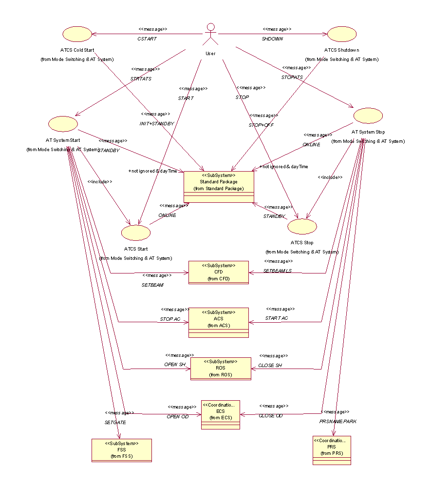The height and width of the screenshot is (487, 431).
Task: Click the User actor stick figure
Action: point(210,34)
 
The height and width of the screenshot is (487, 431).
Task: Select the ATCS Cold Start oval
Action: point(77,34)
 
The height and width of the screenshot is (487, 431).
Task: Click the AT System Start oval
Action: point(63,124)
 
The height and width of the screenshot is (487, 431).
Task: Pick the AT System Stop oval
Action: point(368,116)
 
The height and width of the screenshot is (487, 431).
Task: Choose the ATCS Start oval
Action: point(136,233)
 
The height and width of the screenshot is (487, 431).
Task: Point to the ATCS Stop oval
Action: point(302,226)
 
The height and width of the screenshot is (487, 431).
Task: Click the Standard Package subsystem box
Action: point(219,187)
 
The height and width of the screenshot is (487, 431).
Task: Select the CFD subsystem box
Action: point(218,272)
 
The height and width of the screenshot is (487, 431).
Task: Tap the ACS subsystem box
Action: point(218,322)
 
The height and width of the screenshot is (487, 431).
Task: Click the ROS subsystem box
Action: point(220,368)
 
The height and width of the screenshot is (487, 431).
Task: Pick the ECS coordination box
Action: point(221,414)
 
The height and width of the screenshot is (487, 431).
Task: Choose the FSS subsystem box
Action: point(121,450)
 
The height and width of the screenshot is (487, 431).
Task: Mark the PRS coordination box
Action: point(332,450)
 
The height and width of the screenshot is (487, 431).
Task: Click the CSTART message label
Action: point(147,39)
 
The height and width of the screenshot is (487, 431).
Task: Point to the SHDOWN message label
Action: point(272,39)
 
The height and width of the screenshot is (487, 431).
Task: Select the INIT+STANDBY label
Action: point(156,124)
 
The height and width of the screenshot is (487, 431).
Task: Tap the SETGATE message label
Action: point(115,423)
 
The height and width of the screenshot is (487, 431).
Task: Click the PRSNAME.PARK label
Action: point(338,421)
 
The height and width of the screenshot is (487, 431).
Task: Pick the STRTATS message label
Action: point(141,78)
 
